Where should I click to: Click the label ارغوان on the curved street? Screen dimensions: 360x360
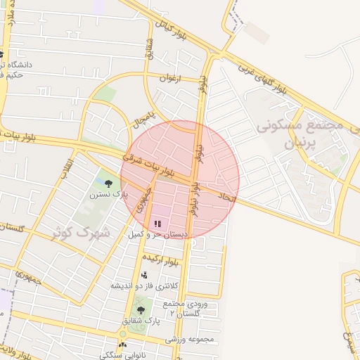click(x=169, y=79)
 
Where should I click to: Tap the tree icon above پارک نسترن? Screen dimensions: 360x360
click(x=107, y=181)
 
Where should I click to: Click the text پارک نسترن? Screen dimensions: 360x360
click(x=108, y=192)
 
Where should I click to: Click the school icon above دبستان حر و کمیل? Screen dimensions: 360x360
click(x=157, y=224)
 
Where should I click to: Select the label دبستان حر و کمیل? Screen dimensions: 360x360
click(x=157, y=233)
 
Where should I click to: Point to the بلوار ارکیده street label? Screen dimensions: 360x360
click(x=174, y=261)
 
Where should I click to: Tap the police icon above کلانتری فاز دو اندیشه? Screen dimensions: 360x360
click(x=144, y=275)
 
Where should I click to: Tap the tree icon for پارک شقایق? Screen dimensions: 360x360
click(x=141, y=309)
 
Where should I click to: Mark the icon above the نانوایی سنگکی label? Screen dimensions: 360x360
click(x=124, y=345)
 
